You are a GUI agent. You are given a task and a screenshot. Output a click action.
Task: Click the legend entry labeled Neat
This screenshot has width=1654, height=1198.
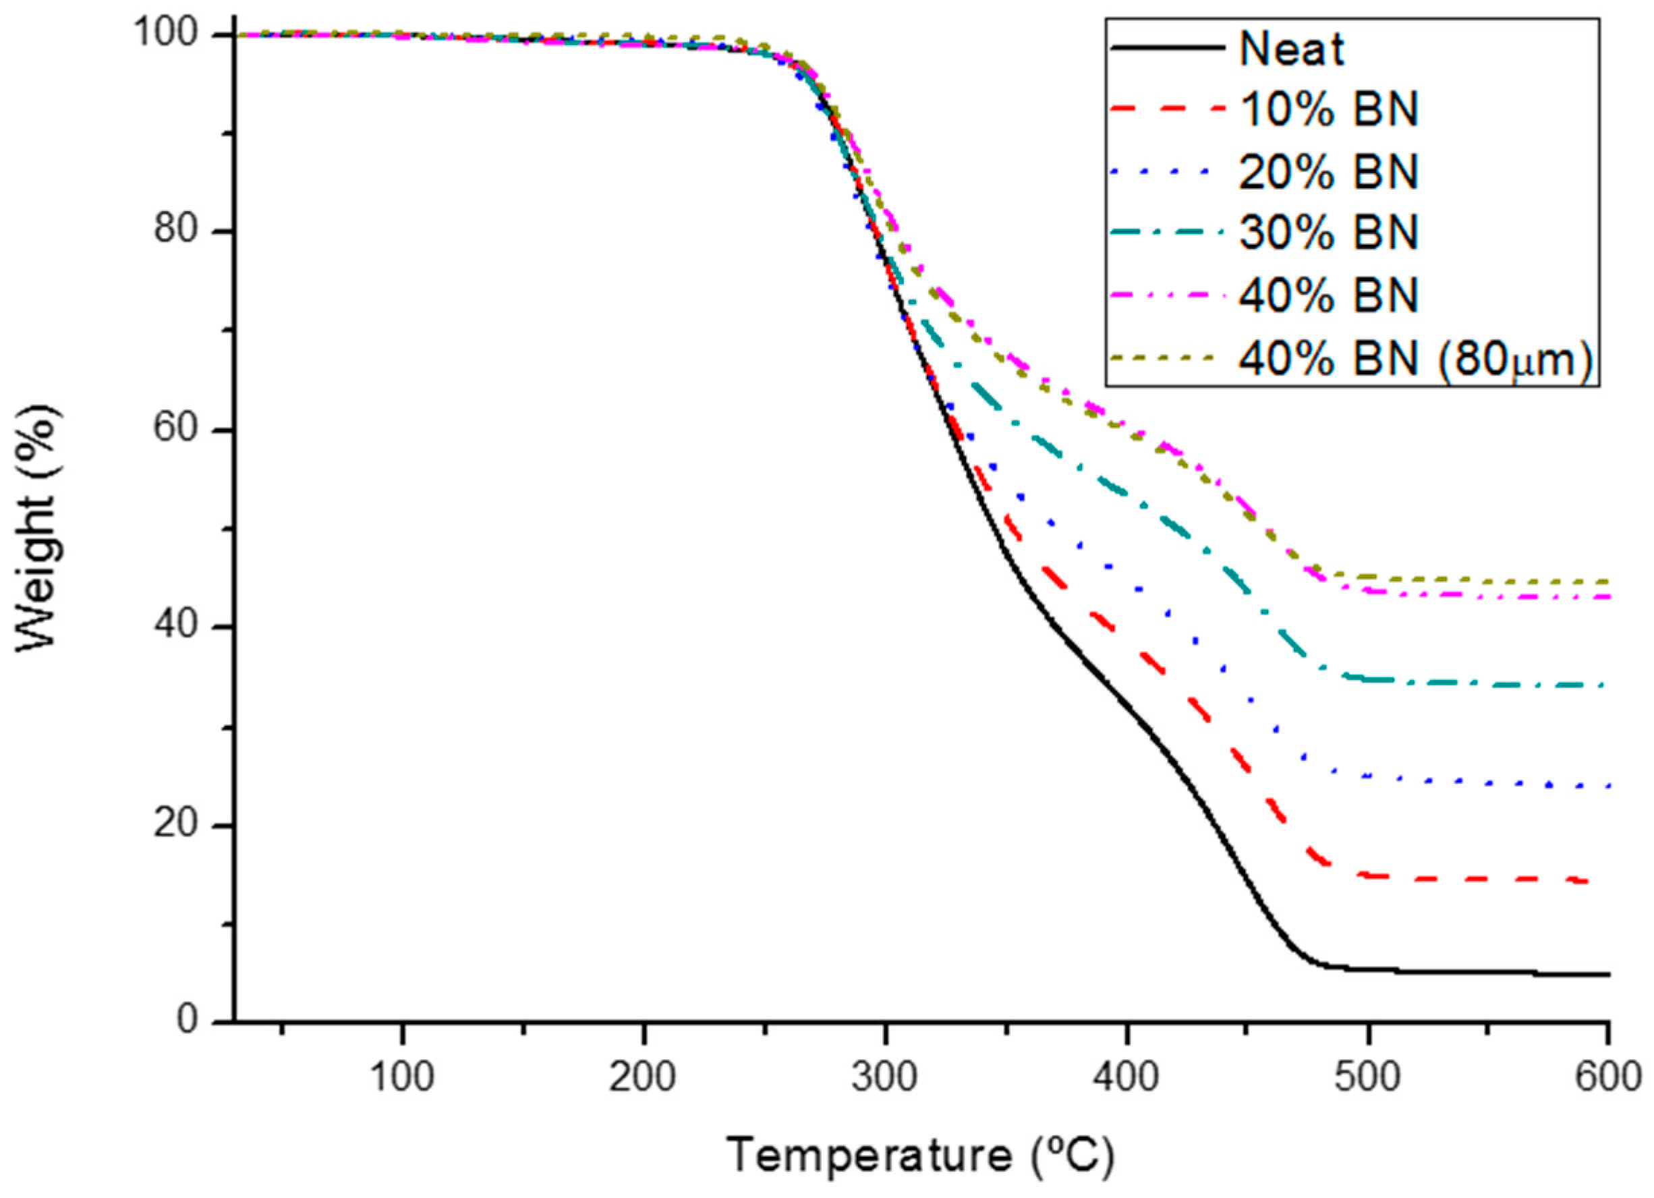coord(1292,51)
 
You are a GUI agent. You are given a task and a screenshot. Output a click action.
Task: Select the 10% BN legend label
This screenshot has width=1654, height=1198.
coord(1328,111)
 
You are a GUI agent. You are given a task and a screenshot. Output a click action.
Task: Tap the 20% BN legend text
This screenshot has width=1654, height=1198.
coord(1328,172)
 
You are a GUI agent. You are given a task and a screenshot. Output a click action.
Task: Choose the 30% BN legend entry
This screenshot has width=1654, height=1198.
coord(1328,233)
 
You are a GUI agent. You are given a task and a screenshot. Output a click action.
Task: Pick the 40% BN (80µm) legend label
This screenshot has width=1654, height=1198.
coord(1415,359)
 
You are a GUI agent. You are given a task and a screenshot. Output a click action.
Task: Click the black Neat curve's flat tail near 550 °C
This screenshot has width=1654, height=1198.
coord(1488,972)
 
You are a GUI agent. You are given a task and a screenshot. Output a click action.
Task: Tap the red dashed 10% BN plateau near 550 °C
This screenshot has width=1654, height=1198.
coord(1488,880)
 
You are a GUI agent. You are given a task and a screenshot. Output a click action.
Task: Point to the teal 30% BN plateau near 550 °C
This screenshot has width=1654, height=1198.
coord(1488,684)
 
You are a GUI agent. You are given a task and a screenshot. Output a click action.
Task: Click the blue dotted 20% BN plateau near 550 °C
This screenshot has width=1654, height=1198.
coord(1488,783)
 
